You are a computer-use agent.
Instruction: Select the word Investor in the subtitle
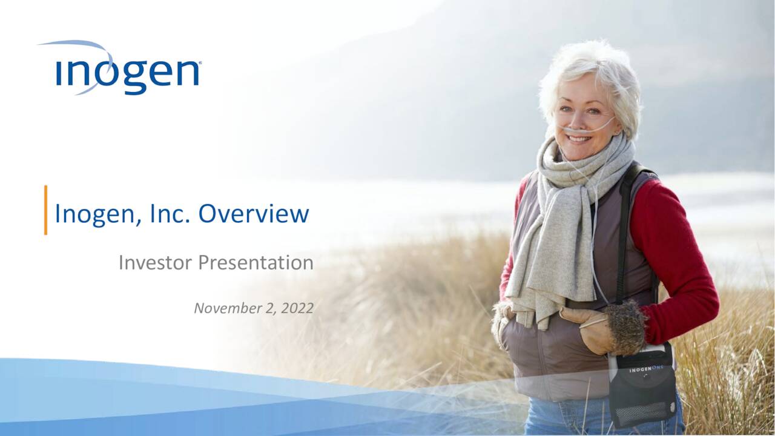click(156, 262)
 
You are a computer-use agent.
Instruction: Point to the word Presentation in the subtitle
click(256, 262)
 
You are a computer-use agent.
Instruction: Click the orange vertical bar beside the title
click(45, 210)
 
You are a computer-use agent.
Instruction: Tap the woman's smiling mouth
click(579, 139)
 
